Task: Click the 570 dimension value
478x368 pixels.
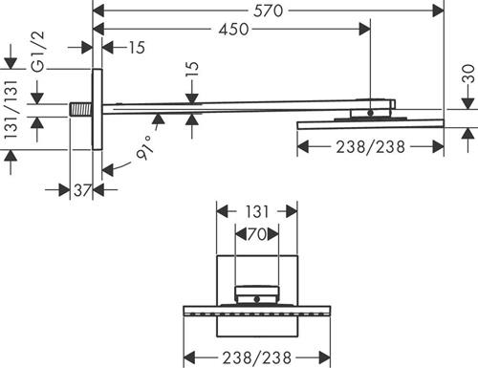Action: point(268,11)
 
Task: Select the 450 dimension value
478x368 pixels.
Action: point(233,30)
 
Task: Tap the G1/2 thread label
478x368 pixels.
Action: point(38,52)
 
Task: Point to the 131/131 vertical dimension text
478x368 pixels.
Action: point(11,109)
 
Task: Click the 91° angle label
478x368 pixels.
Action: point(145,148)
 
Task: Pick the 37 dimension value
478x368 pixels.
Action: point(82,190)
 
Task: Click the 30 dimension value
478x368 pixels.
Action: point(468,74)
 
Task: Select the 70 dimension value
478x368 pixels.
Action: point(257,234)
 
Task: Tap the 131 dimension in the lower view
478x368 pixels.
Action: point(257,211)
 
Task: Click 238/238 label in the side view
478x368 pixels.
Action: point(370,147)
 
